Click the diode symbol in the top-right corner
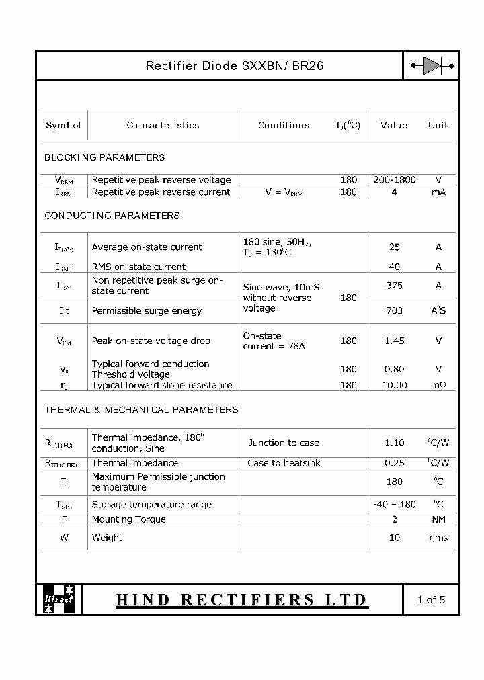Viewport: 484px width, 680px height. (x=432, y=66)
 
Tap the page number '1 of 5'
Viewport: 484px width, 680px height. (x=431, y=599)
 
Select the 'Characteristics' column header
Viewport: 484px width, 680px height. (x=163, y=125)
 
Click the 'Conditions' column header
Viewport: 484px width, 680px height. (x=284, y=125)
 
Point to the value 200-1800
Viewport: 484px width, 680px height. (x=395, y=179)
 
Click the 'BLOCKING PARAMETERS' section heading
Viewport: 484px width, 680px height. (x=104, y=157)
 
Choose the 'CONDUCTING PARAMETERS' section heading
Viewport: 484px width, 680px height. (x=112, y=216)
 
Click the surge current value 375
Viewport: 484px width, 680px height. (x=395, y=285)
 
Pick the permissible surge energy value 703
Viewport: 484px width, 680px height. (x=395, y=310)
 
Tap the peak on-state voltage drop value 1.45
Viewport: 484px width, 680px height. (x=395, y=341)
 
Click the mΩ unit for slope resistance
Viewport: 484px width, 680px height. (x=439, y=385)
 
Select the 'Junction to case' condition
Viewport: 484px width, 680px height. (x=284, y=443)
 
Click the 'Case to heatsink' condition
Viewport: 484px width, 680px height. (x=284, y=463)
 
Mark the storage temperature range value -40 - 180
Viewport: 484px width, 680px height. (x=395, y=504)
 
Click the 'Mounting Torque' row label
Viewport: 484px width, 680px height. (x=128, y=519)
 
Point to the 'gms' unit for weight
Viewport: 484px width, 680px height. (x=438, y=538)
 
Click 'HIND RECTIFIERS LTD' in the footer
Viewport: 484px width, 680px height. (x=241, y=599)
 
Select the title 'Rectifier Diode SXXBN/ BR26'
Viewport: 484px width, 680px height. (x=235, y=66)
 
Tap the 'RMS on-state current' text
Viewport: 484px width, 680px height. (x=138, y=267)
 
